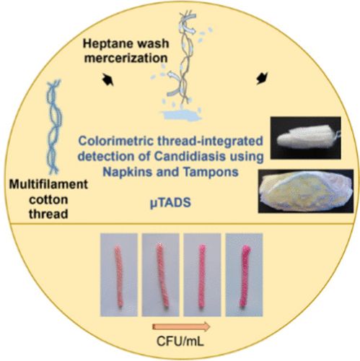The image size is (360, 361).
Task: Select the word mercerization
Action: coord(126,58)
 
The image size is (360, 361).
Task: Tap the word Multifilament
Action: coord(48,185)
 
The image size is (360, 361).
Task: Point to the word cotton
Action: coord(48,200)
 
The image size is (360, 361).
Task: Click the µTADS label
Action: coord(170,204)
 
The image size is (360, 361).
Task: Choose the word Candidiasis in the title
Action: coord(190,157)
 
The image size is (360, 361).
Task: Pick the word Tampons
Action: coord(211,173)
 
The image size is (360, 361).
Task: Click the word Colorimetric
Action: coord(116,141)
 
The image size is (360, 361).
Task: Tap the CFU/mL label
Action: coord(180,341)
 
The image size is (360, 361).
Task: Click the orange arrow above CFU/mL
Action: coord(181,326)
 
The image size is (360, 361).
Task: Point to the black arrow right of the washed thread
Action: coord(262,79)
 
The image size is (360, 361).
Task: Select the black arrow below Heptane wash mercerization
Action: coord(107,79)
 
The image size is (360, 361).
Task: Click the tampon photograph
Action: coord(306,138)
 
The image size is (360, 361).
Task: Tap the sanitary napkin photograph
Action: coord(306,191)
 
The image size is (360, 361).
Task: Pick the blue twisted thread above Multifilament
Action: coord(53,127)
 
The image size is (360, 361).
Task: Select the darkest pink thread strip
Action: coord(245,277)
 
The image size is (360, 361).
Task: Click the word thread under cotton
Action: coord(48,214)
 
